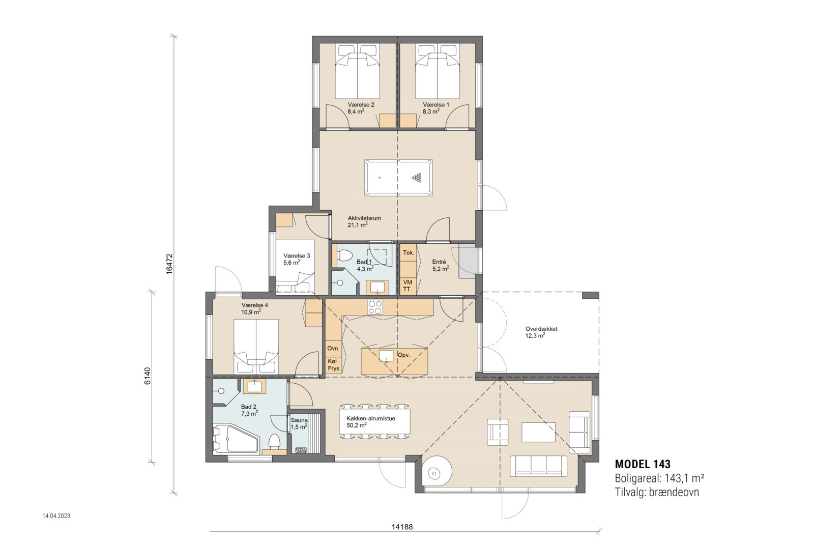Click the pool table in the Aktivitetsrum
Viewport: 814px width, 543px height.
[x=398, y=178]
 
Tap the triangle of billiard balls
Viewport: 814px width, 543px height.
[x=417, y=178]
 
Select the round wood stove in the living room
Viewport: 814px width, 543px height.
[x=433, y=473]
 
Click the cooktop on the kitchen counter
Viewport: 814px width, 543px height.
[x=375, y=307]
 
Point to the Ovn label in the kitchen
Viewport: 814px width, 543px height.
[x=333, y=349]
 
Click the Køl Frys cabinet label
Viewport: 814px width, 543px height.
[x=333, y=365]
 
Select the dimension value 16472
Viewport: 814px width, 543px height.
[x=169, y=264]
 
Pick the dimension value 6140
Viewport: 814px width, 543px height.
[x=147, y=376]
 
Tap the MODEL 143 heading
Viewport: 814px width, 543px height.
[x=643, y=464]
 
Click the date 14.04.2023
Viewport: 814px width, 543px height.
[x=56, y=516]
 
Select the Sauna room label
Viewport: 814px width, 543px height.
[x=299, y=420]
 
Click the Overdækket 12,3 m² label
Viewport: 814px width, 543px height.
[x=541, y=332]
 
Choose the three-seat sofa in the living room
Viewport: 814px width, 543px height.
[x=538, y=466]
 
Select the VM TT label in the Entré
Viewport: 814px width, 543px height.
[x=407, y=285]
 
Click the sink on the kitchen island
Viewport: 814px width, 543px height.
[x=386, y=355]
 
